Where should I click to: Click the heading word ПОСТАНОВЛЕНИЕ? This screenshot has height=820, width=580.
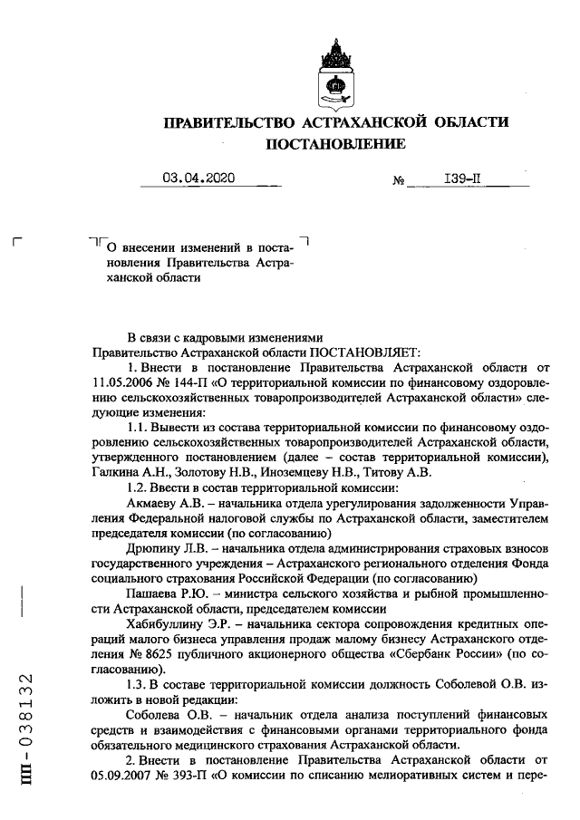[335, 143]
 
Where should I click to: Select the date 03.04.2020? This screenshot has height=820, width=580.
[198, 178]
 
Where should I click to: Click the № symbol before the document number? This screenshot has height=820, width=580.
[398, 181]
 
